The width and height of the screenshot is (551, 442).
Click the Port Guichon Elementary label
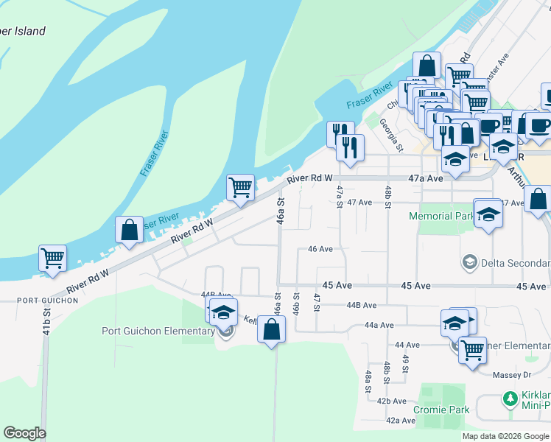coord(158,331)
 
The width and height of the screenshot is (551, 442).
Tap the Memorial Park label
coord(441,217)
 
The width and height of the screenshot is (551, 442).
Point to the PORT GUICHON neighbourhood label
coord(48,301)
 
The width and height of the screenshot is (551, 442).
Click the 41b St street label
coord(46,321)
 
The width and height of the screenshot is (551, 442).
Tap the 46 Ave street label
coord(320,249)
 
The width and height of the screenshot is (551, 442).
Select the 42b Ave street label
coord(391,401)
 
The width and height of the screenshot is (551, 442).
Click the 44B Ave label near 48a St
coord(361,305)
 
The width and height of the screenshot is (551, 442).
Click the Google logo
coord(24,433)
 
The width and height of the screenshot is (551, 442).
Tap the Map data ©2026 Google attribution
coord(505,436)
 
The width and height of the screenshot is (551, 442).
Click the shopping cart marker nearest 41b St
coord(53,259)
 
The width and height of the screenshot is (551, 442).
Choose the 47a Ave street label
coord(425,179)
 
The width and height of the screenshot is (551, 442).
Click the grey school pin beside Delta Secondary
coord(468,262)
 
